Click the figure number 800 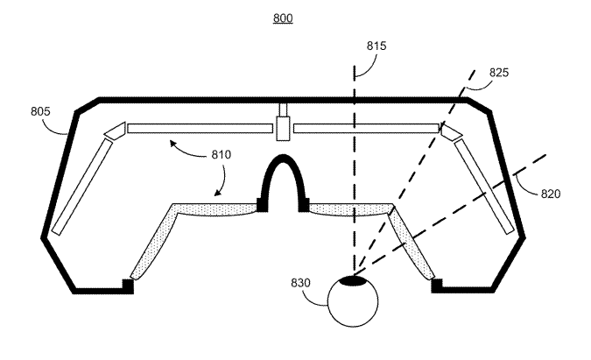(283, 18)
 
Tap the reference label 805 (40, 112)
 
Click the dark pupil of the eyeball (354, 280)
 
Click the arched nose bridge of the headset (283, 175)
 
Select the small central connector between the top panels (283, 127)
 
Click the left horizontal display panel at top (200, 129)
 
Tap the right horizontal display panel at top (366, 129)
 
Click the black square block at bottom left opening (128, 286)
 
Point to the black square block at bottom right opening (437, 286)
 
